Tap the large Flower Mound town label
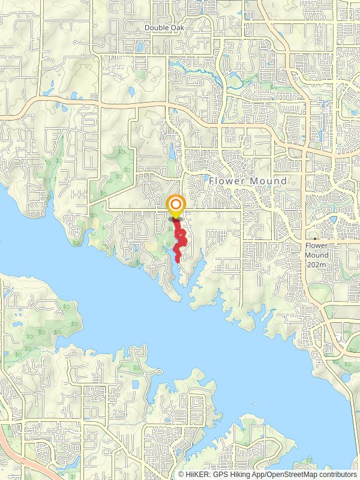[x=247, y=181]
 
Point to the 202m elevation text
[x=316, y=264]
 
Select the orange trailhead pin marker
[x=176, y=208]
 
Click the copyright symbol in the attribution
[x=181, y=475]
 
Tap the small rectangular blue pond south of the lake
[x=135, y=384]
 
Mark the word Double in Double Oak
[x=155, y=28]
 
